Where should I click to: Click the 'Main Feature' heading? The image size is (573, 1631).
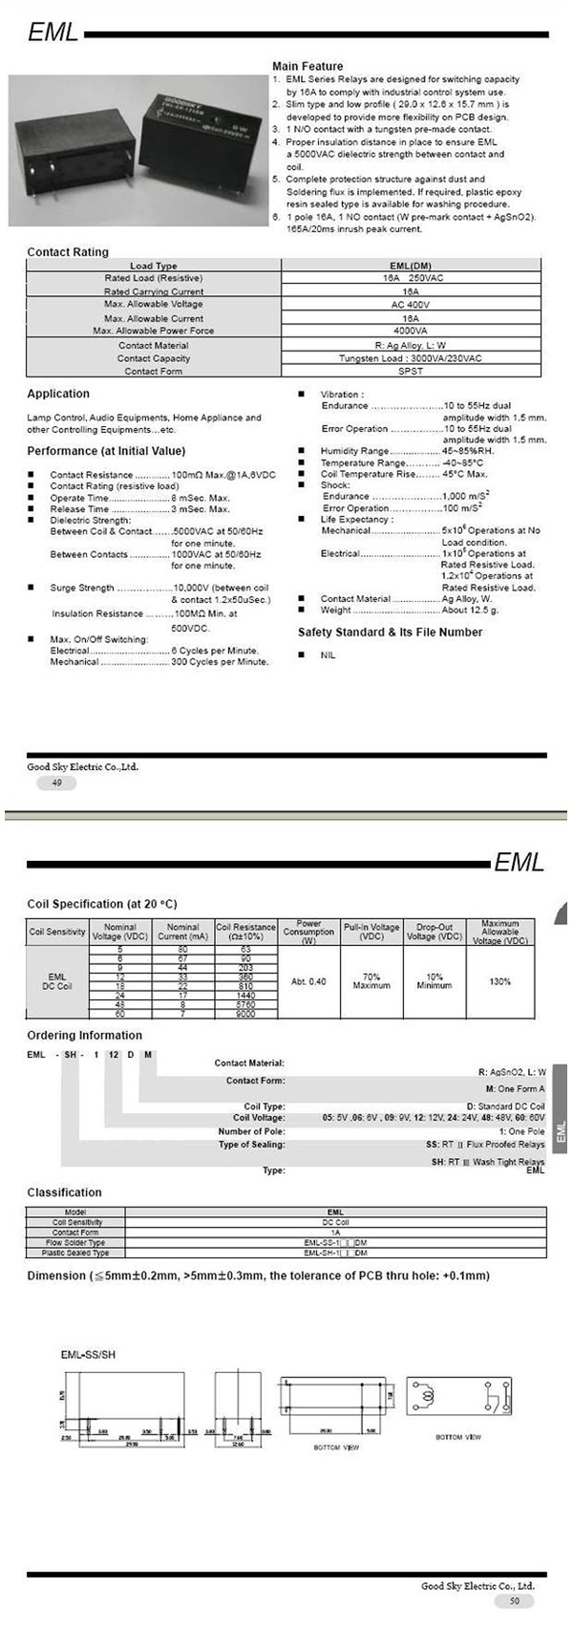[308, 67]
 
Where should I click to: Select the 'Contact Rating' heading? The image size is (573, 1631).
[68, 252]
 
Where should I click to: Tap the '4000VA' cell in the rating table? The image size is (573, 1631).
[411, 331]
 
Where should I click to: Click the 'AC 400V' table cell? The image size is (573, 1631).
[411, 305]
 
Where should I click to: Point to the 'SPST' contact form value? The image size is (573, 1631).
[411, 371]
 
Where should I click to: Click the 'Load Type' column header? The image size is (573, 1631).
[154, 266]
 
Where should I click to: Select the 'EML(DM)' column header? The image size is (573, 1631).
[411, 266]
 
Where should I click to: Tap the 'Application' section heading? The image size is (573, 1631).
[58, 394]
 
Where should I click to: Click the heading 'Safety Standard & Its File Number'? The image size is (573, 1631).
[390, 633]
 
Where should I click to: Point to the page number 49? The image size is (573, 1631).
[56, 783]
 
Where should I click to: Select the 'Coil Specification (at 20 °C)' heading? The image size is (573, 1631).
[102, 904]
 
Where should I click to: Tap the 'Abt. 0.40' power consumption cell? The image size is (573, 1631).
[308, 982]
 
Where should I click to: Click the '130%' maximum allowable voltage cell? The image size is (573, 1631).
[499, 982]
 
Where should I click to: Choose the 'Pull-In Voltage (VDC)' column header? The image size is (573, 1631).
[371, 932]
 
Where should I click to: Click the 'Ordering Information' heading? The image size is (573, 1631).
[84, 1036]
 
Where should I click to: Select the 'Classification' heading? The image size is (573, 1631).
[64, 1192]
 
